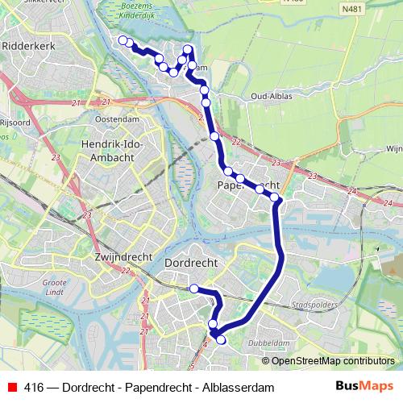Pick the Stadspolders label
tap(312, 306)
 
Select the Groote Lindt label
tap(55, 289)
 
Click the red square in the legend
tap(11, 388)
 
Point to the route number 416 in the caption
tap(34, 388)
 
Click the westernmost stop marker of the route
tap(123, 40)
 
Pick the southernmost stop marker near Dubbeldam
tap(221, 340)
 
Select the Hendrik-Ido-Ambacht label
tap(112, 151)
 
